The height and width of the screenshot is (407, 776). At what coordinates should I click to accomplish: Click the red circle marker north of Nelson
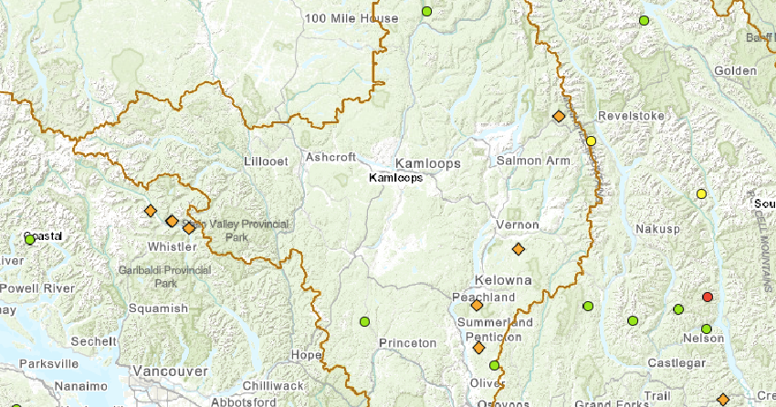tap(708, 297)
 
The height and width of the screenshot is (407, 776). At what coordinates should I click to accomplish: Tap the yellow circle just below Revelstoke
tap(591, 141)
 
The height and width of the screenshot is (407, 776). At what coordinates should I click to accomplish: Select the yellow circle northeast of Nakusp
tap(701, 193)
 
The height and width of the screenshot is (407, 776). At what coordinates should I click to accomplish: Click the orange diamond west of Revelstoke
tap(559, 116)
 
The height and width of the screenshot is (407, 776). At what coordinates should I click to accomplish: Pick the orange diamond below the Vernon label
tap(519, 248)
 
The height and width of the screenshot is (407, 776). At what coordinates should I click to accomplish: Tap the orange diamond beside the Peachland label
tap(476, 306)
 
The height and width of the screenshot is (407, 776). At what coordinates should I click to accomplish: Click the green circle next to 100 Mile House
tap(426, 12)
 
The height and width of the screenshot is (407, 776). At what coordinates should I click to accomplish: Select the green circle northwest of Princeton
tap(364, 320)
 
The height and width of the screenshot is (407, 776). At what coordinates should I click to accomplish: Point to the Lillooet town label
tap(266, 162)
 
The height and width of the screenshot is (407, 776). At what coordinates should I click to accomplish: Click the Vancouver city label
tap(169, 371)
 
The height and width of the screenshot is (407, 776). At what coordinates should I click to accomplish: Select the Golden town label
tap(735, 71)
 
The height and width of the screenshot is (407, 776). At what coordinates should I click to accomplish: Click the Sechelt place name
tap(92, 340)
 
